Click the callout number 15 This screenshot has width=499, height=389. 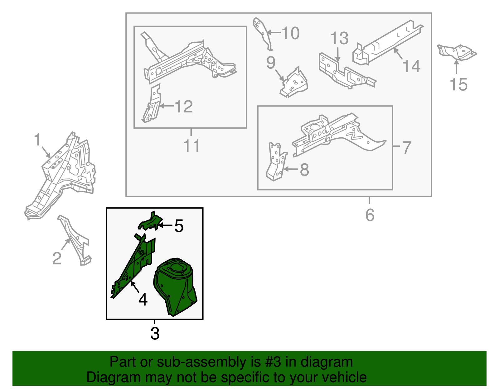point(458,85)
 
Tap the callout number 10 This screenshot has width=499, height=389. point(290,33)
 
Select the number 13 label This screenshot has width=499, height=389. point(339,38)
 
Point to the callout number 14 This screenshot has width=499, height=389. point(411,66)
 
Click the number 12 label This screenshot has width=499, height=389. point(184,107)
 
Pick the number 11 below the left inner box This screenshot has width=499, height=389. point(192,145)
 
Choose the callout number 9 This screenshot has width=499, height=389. point(271,62)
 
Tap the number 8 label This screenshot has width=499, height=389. point(304,170)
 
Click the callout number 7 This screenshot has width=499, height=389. point(406,148)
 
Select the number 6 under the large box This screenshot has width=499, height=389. point(370,215)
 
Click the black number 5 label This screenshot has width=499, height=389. point(179,226)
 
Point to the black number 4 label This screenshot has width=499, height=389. point(143,300)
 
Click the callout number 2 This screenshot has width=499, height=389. point(57,258)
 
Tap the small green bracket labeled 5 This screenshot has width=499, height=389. point(150,221)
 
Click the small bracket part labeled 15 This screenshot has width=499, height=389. point(457,53)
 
